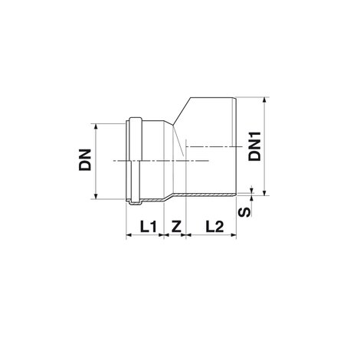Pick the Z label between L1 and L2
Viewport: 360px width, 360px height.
pyautogui.click(x=176, y=227)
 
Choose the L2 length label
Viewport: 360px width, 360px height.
pyautogui.click(x=215, y=227)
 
